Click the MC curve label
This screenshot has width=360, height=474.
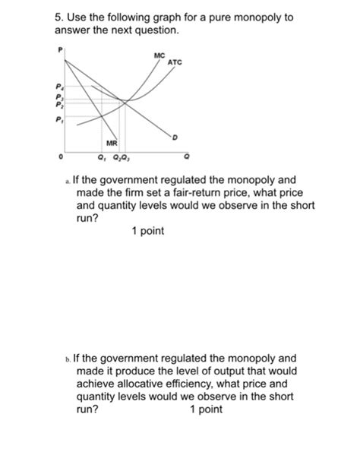coord(158,55)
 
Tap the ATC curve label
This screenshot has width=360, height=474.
coord(175,62)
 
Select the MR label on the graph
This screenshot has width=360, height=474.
coord(111,142)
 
